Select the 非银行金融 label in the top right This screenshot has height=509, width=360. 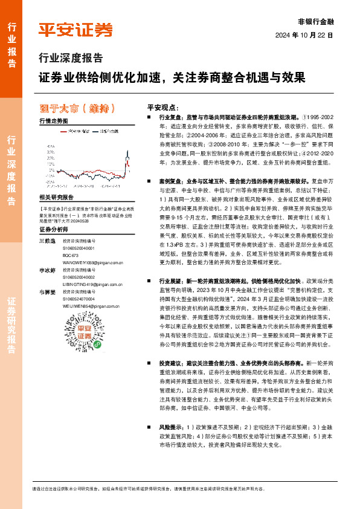315,20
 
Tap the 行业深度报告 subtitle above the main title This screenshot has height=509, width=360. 70,59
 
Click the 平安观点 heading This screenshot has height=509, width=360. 162,105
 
